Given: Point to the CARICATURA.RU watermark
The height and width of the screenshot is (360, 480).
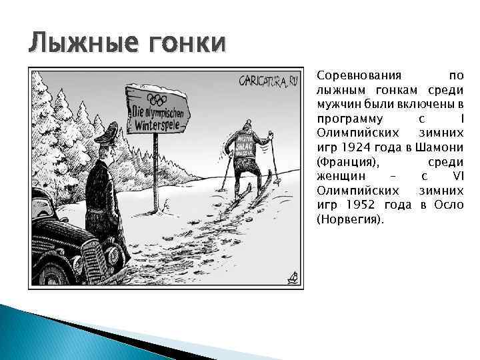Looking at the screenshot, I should pos(269,81).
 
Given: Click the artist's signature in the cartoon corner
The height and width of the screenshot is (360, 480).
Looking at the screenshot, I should pos(290,277).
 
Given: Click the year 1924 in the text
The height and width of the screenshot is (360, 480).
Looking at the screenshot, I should pos(362,146).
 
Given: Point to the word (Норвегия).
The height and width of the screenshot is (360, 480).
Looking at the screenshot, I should pos(351,219).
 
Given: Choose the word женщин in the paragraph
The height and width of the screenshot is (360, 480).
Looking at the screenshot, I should pos(339,175).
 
